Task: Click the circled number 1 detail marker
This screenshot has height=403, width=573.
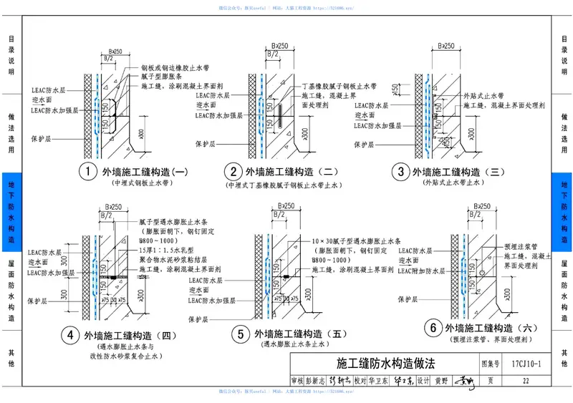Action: [x=87, y=172]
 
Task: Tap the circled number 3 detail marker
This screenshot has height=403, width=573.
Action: [x=400, y=172]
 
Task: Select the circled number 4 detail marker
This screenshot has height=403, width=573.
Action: [x=70, y=334]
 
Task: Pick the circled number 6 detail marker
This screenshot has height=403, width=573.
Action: [x=432, y=329]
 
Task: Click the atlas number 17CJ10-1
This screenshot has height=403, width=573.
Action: [x=526, y=364]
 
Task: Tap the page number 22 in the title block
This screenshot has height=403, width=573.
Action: [x=526, y=381]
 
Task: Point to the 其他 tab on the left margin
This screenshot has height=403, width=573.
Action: [x=11, y=358]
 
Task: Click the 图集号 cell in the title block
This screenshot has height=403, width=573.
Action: [x=491, y=364]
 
